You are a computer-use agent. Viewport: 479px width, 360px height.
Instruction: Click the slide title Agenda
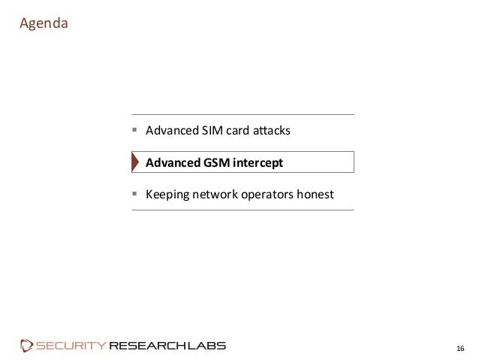44,24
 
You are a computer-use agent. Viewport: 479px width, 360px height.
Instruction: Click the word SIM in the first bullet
210,132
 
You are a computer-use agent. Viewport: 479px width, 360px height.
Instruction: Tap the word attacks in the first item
270,132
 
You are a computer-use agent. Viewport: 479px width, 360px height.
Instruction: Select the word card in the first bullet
237,132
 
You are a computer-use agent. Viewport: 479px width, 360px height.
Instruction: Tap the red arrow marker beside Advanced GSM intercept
135,162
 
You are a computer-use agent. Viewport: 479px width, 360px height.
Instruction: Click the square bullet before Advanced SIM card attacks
134,131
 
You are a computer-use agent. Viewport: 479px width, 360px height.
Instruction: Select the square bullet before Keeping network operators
134,194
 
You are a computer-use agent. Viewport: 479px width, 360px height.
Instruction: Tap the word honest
315,195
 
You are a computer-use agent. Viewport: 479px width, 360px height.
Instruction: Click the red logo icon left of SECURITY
27,346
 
